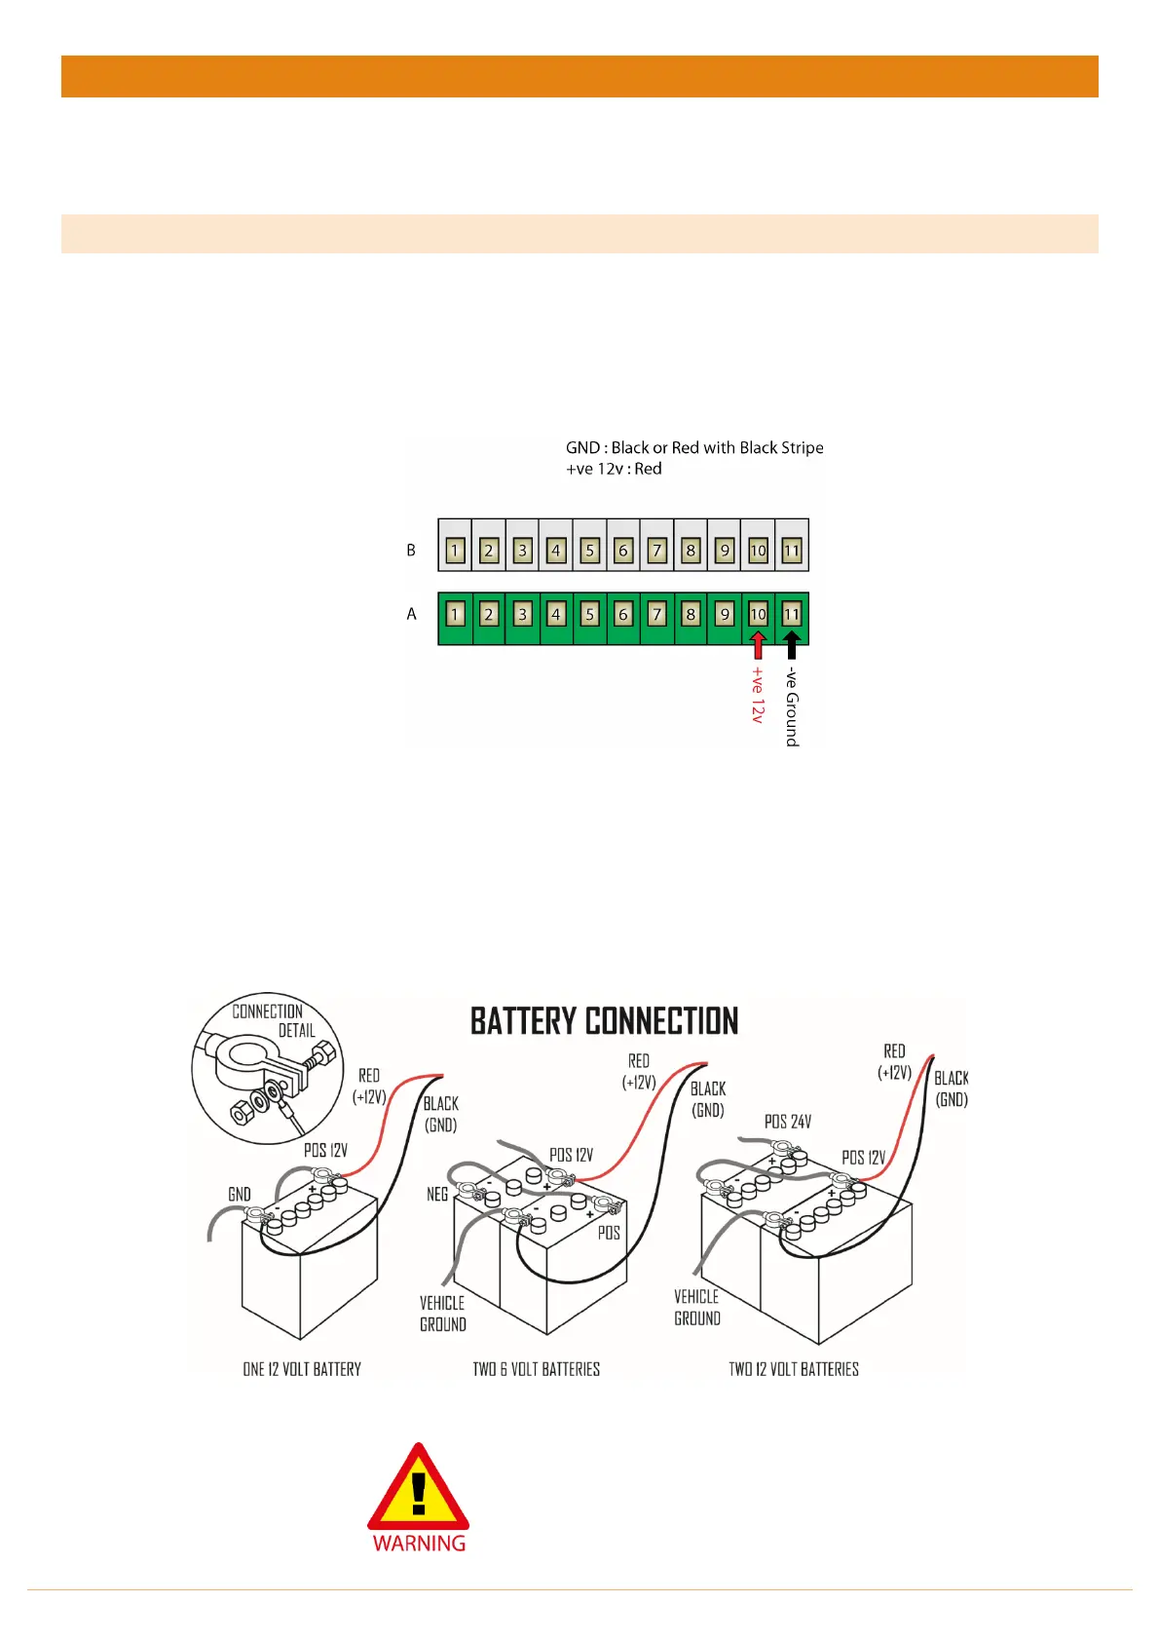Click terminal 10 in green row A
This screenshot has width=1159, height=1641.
758,615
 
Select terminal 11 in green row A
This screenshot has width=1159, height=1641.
792,615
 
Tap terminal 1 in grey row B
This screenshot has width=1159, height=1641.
455,551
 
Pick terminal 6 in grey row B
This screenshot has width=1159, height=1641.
623,551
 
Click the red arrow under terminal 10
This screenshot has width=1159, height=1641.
758,645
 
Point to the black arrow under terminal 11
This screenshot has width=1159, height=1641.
792,645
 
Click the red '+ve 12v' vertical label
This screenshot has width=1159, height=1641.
758,694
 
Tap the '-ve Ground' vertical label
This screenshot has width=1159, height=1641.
793,706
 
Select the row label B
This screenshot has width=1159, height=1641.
411,551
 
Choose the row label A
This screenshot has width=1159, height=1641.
411,614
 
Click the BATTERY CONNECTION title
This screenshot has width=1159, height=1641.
604,1021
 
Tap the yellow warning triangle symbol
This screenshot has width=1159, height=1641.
419,1488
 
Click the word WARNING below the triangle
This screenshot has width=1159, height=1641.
419,1544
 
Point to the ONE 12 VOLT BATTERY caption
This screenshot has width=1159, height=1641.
302,1369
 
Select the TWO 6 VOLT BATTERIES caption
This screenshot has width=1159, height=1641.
536,1369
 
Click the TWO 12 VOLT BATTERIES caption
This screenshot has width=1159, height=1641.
794,1369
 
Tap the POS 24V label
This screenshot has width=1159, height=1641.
787,1122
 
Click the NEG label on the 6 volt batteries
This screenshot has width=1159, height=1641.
437,1194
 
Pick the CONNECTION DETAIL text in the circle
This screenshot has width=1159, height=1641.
273,1020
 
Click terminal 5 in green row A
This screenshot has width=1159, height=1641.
589,615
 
